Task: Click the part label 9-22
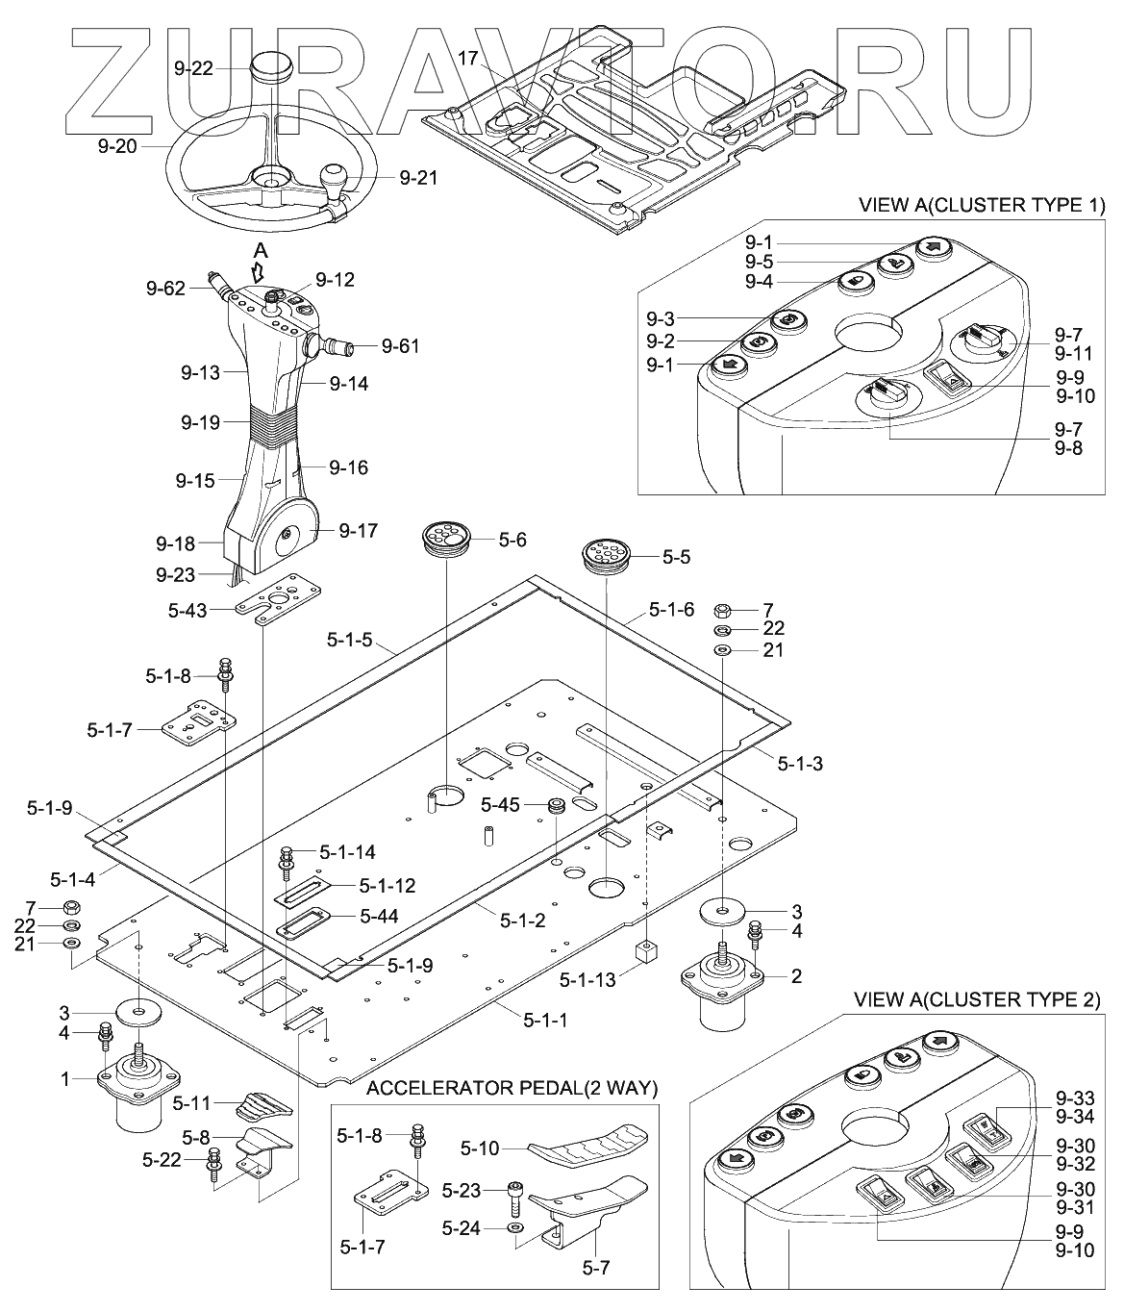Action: (x=193, y=68)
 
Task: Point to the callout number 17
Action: (x=467, y=59)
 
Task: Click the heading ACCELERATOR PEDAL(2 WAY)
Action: (x=512, y=1088)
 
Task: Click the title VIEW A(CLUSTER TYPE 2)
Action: (x=977, y=999)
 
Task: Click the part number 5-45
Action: (x=500, y=804)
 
